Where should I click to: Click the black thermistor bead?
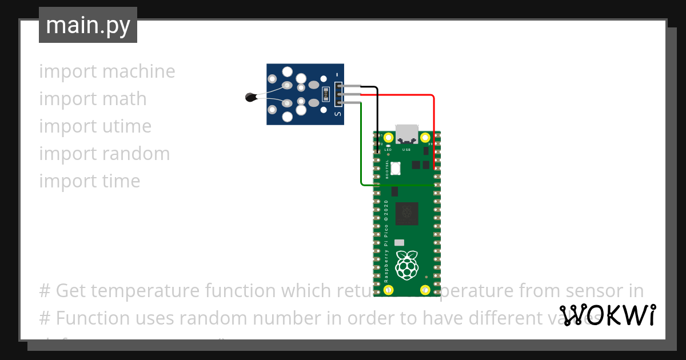(x=250, y=98)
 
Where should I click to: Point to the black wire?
(x=377, y=114)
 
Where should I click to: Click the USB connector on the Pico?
(x=406, y=133)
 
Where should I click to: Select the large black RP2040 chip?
(x=406, y=213)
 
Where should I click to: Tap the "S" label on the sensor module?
(x=338, y=114)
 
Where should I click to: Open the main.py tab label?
(x=88, y=26)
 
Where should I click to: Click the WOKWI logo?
(x=608, y=315)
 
